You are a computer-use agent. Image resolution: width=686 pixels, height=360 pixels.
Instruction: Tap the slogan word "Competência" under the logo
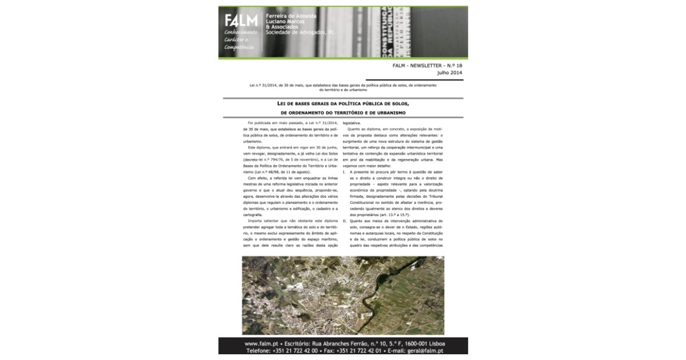pos(239,47)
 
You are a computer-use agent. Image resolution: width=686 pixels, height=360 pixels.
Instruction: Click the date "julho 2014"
pos(449,73)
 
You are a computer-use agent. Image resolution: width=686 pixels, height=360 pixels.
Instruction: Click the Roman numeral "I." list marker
pos(344,171)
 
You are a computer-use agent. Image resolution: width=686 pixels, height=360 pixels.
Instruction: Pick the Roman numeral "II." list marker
pos(345,220)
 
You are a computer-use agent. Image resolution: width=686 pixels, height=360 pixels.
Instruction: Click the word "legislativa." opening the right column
pos(352,123)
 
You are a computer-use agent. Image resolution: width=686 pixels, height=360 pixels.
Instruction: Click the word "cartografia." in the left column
pos(252,214)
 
